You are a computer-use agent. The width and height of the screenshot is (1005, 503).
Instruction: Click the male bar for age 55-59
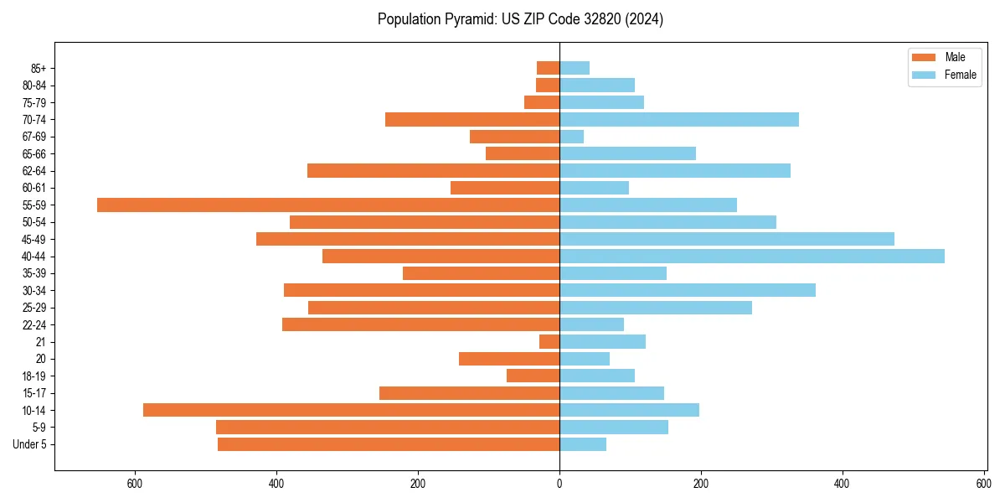(x=328, y=205)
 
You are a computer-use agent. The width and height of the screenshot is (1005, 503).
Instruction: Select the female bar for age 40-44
(x=752, y=256)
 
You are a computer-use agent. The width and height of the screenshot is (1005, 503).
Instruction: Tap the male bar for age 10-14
(x=351, y=410)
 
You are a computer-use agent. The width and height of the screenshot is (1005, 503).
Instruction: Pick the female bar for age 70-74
(x=679, y=119)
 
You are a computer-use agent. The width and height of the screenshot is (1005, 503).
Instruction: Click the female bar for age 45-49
(x=727, y=239)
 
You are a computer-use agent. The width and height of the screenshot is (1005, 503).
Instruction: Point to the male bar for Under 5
(x=389, y=444)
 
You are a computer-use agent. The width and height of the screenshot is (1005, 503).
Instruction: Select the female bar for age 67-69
(x=572, y=137)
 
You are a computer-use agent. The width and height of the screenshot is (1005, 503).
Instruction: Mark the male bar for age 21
(x=549, y=341)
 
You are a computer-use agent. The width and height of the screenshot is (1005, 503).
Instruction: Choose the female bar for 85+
(x=575, y=68)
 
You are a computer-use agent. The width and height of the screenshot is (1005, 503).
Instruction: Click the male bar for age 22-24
(x=420, y=324)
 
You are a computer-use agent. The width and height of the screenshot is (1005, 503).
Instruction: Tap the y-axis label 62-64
(x=33, y=171)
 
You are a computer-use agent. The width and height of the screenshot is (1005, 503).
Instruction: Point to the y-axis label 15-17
(x=33, y=393)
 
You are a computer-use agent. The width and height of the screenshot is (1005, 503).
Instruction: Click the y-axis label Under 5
(x=30, y=444)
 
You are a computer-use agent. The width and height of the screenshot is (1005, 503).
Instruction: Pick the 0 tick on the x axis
(x=559, y=484)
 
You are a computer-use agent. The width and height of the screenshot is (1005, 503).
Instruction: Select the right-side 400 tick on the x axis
(x=843, y=484)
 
